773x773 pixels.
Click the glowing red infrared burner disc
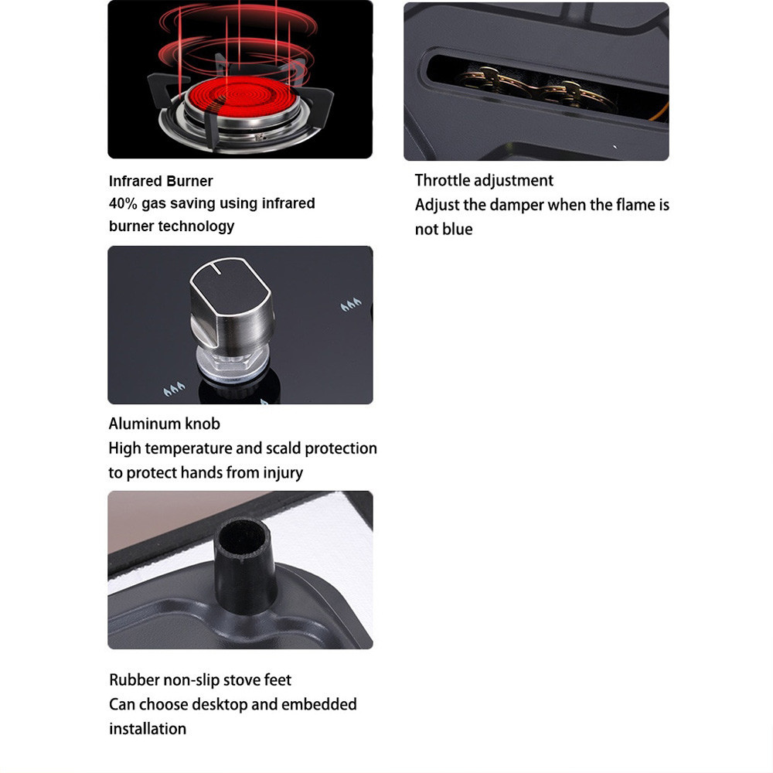click(x=241, y=97)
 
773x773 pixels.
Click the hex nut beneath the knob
click(x=232, y=364)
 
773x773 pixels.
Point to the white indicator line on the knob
click(x=216, y=267)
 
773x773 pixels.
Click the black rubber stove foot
click(x=245, y=566)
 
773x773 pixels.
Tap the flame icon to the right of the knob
click(x=351, y=305)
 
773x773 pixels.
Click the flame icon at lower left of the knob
click(x=174, y=389)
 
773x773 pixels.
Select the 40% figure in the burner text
click(x=123, y=203)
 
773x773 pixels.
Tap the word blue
click(x=458, y=230)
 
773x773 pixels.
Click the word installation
click(x=148, y=729)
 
